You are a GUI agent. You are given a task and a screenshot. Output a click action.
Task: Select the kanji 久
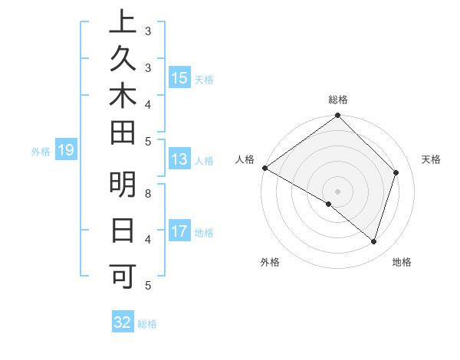pyautogui.click(x=123, y=61)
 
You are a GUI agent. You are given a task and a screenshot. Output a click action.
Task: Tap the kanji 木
pyautogui.click(x=123, y=97)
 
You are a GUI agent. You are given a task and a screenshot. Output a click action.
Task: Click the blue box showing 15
pyautogui.click(x=179, y=77)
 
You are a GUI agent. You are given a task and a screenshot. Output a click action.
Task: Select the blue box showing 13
pyautogui.click(x=179, y=159)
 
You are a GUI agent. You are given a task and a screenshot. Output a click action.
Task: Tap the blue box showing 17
pyautogui.click(x=179, y=231)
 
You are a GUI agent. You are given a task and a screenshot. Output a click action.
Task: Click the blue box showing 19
pyautogui.click(x=66, y=150)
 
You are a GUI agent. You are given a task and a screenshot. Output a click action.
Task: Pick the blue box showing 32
pyautogui.click(x=123, y=322)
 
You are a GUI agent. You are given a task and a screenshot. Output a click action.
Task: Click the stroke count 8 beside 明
pyautogui.click(x=148, y=193)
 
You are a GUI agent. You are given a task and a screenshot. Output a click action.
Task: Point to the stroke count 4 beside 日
pyautogui.click(x=148, y=239)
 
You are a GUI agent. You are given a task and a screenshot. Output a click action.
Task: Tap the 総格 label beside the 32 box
pyautogui.click(x=147, y=324)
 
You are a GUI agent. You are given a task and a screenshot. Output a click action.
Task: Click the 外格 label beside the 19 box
pyautogui.click(x=41, y=152)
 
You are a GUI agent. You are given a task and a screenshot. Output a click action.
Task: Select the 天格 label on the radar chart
pyautogui.click(x=432, y=159)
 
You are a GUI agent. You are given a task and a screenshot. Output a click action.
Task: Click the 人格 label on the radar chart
pyautogui.click(x=245, y=159)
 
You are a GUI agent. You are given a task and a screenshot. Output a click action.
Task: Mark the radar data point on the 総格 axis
pyautogui.click(x=337, y=116)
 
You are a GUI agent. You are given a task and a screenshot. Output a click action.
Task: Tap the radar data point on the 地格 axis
pyautogui.click(x=373, y=241)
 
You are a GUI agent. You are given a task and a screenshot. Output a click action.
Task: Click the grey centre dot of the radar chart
pyautogui.click(x=337, y=191)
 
